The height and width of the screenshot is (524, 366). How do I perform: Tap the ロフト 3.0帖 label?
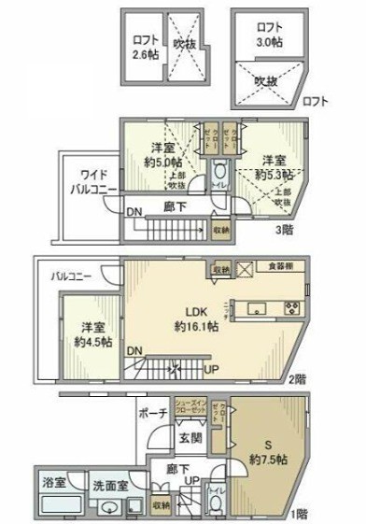coord(271,35)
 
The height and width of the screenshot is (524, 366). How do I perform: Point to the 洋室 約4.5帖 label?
coord(91,333)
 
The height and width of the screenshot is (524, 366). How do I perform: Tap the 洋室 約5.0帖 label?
coord(164,154)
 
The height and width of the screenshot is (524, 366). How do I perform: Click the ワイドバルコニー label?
coord(91,180)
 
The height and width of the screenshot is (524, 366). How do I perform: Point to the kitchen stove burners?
coord(290,308)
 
